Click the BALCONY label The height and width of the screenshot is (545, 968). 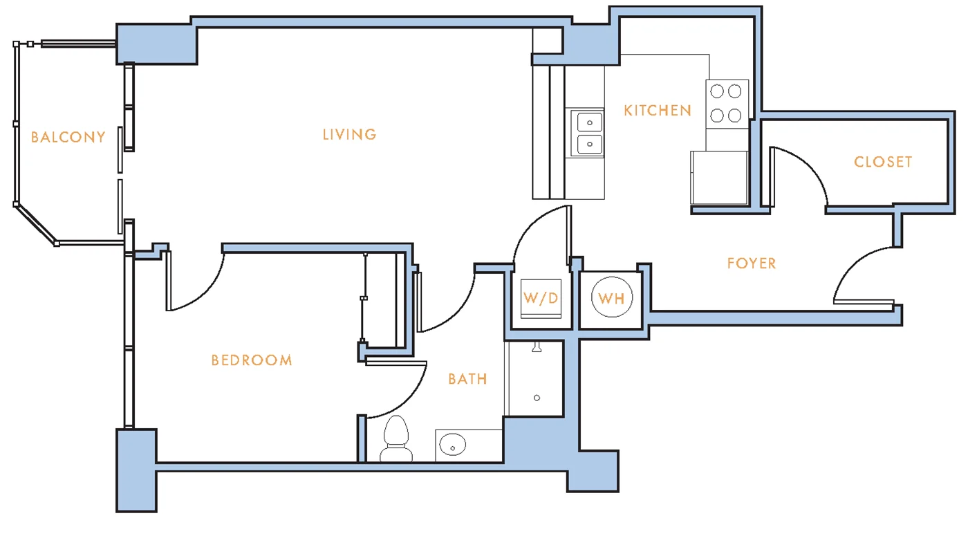click(x=68, y=138)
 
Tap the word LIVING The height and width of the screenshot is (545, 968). click(x=350, y=134)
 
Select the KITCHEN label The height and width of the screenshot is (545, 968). click(x=658, y=111)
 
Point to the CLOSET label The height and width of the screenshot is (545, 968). click(x=883, y=162)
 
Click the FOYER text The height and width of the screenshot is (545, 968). click(x=752, y=264)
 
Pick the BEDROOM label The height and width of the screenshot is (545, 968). click(x=252, y=360)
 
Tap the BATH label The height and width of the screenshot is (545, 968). click(x=467, y=379)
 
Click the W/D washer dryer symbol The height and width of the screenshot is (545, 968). click(x=541, y=298)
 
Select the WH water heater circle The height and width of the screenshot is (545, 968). click(x=611, y=297)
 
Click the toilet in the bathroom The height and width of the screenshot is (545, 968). click(x=395, y=438)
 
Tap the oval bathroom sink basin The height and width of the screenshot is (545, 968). click(x=452, y=445)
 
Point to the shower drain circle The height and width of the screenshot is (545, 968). click(x=537, y=398)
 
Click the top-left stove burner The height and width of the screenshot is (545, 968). click(x=717, y=91)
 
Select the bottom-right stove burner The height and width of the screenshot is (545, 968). click(x=734, y=116)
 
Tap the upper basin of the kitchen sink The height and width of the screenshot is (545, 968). click(x=589, y=122)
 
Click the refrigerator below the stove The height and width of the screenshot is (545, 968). click(x=719, y=177)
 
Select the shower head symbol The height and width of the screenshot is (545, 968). click(x=537, y=347)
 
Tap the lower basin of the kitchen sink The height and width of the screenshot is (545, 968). click(x=589, y=144)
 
